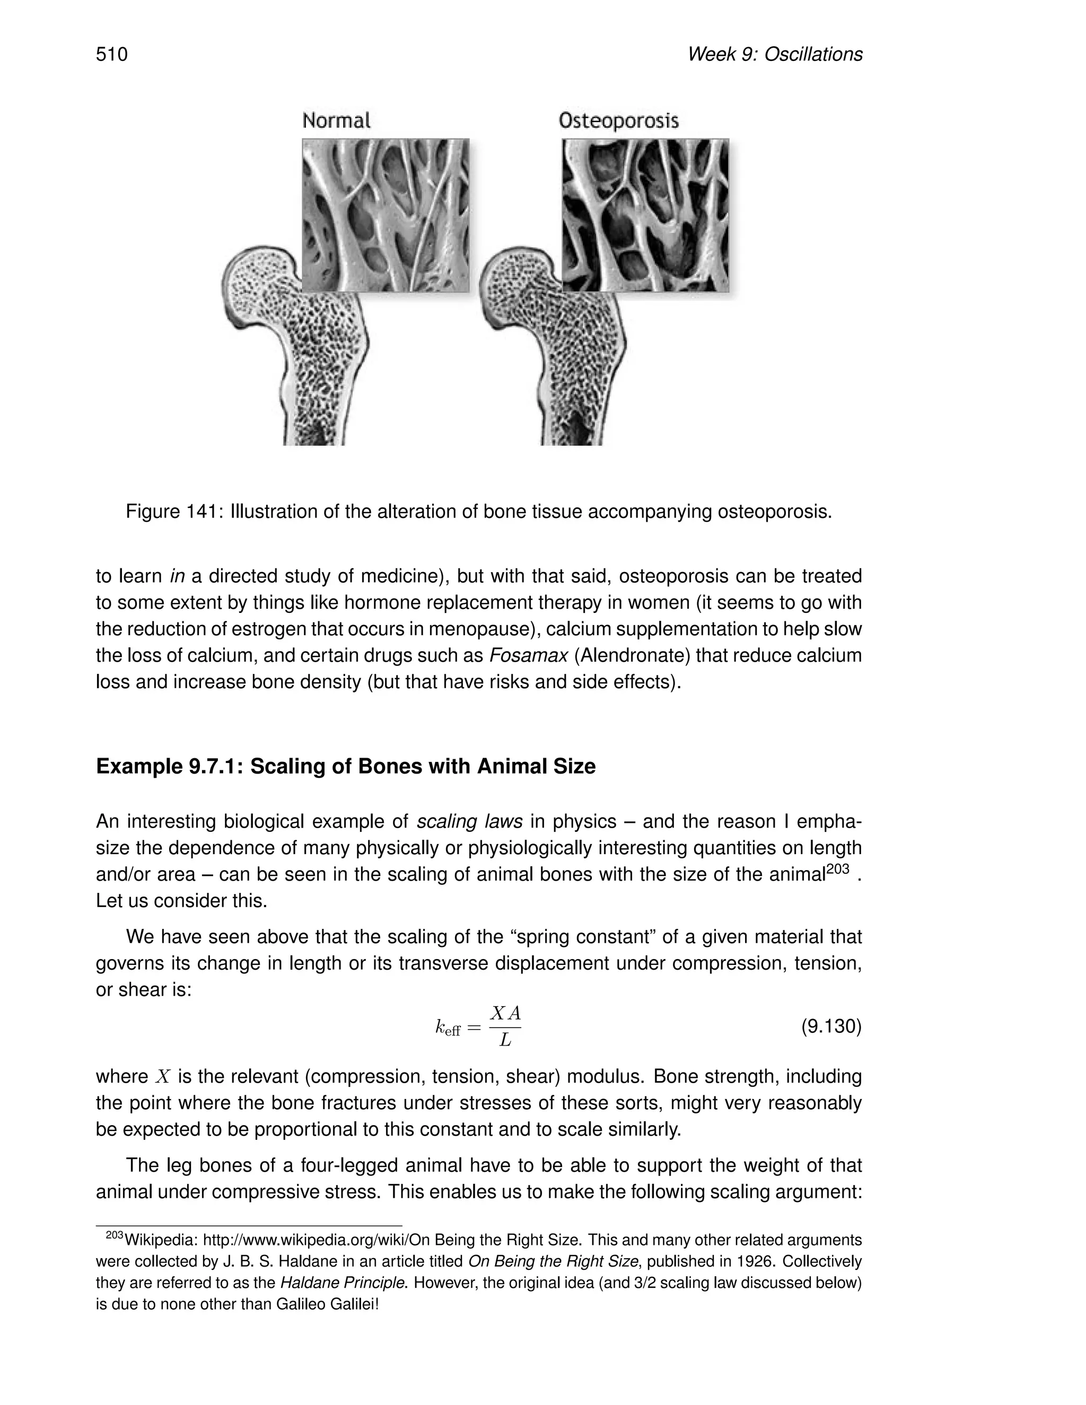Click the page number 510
(x=112, y=54)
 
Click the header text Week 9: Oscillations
(x=775, y=54)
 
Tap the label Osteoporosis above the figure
(x=618, y=120)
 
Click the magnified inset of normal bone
(x=386, y=215)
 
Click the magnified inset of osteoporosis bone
(x=645, y=215)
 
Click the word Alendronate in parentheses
(x=630, y=655)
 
